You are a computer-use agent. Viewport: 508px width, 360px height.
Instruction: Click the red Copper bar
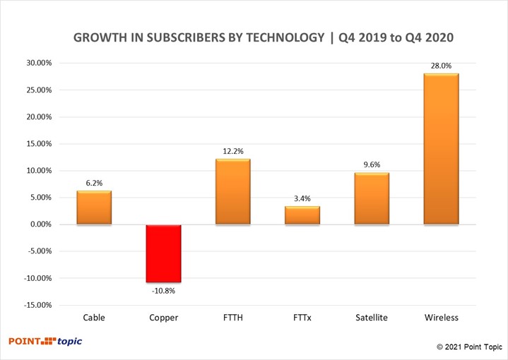[x=163, y=253]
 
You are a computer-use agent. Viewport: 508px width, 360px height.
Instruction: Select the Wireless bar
[x=441, y=149]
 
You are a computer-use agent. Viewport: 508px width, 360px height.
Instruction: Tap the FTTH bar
[x=233, y=191]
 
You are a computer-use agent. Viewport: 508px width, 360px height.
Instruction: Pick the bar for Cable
[x=94, y=208]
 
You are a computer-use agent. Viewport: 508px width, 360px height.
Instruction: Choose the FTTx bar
[x=302, y=215]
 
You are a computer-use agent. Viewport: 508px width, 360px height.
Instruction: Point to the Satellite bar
[x=372, y=198]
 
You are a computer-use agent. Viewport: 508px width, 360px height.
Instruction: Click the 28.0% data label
[x=441, y=65]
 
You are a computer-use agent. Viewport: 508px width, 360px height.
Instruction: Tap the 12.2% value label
[x=233, y=150]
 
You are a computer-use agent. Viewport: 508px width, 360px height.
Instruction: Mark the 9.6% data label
[x=372, y=164]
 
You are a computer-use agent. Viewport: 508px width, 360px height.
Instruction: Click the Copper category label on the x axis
[x=163, y=318]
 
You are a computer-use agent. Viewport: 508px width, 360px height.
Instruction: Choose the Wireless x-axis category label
[x=441, y=318]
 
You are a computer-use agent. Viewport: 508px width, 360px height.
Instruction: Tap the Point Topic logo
[x=45, y=342]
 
